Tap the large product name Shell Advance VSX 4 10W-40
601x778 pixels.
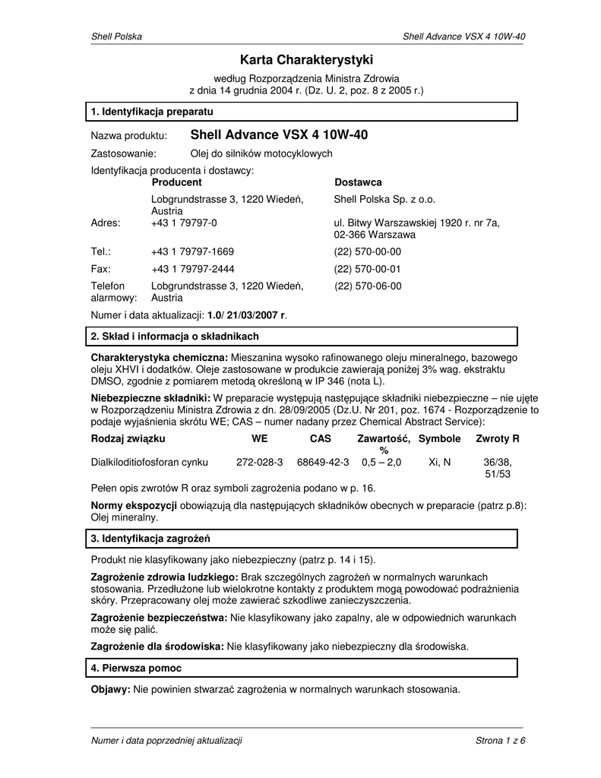[279, 135]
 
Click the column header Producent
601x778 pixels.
[176, 182]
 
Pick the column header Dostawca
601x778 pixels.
[358, 182]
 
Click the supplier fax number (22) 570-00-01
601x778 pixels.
[368, 269]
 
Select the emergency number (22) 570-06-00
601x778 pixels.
[368, 286]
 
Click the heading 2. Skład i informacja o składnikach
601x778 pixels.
[175, 336]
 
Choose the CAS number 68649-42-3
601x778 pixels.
[323, 462]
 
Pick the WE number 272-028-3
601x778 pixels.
[260, 462]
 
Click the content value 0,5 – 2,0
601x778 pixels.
[381, 462]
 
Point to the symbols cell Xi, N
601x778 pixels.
[439, 462]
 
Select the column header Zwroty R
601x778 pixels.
[497, 439]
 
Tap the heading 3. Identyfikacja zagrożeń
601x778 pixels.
[150, 539]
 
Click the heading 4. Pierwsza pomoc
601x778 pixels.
[136, 668]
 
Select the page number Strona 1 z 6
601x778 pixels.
[500, 741]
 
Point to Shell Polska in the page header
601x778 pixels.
[116, 36]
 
